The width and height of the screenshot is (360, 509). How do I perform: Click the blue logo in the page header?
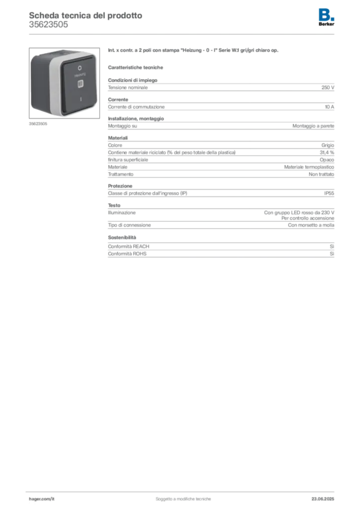pos(326,14)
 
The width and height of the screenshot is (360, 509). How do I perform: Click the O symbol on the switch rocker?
pos(80,66)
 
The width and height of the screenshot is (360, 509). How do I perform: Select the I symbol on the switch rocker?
pos(80,99)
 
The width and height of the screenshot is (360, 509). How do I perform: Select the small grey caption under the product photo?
pos(38,124)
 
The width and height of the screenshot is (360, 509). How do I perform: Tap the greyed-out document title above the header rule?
pos(85,15)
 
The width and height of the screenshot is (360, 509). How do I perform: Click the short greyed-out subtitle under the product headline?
pos(137,67)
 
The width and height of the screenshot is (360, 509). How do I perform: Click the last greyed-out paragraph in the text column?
pos(220,248)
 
